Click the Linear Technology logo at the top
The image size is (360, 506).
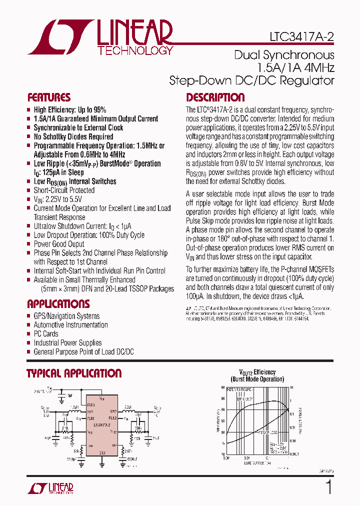[x=100, y=36]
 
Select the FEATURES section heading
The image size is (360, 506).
[x=48, y=97]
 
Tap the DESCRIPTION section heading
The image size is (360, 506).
[x=215, y=97]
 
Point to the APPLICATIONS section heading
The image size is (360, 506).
[x=58, y=304]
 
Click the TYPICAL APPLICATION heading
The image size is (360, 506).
[x=74, y=373]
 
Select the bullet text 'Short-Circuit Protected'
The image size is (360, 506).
[x=64, y=190]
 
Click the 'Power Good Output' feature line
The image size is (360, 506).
[x=59, y=244]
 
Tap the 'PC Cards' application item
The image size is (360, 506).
[x=46, y=334]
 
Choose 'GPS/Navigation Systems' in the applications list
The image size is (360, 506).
[x=66, y=316]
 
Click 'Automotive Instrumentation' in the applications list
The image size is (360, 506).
[x=70, y=325]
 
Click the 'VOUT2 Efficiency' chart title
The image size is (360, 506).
[x=257, y=372]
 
